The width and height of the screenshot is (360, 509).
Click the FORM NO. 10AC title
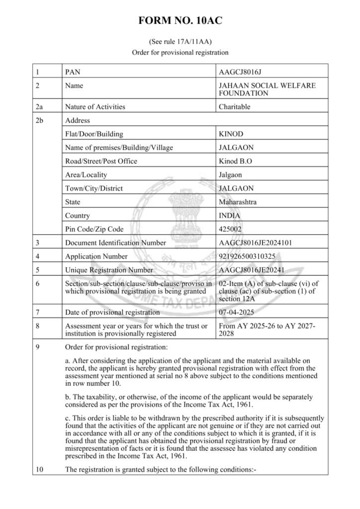coord(180,20)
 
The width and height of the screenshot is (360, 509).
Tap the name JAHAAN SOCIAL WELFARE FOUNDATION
coord(267,89)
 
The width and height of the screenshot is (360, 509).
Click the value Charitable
coord(234,106)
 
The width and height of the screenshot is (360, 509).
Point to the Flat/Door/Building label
coord(94,134)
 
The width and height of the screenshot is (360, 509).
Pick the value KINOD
coord(232,134)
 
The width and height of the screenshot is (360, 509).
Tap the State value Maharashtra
coord(238,202)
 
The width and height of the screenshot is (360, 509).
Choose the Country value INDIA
coord(230,216)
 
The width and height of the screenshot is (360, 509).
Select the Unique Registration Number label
coord(109,270)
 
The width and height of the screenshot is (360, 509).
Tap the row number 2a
coord(39,106)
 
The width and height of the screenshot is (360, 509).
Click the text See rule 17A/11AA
coord(180,42)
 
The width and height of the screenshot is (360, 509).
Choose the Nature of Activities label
coord(95,106)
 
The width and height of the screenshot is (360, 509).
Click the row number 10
coord(39,469)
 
